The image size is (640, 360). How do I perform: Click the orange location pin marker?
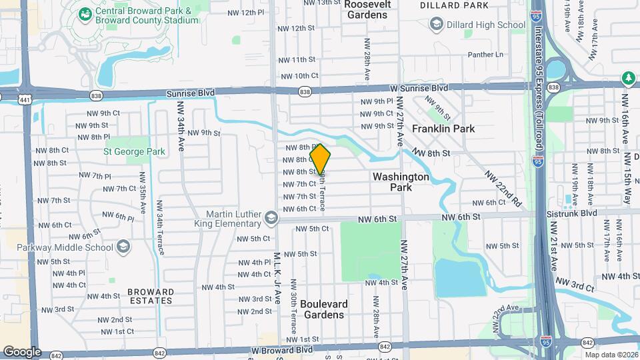pyautogui.click(x=320, y=160)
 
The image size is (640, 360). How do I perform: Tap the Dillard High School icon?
pyautogui.click(x=436, y=25)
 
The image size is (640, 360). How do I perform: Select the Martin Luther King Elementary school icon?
pyautogui.click(x=271, y=218)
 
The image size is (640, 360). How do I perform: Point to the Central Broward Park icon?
pyautogui.click(x=85, y=14)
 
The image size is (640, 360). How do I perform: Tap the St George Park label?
pyautogui.click(x=134, y=151)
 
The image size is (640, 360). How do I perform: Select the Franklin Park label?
pyautogui.click(x=443, y=128)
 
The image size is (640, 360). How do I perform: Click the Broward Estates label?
pyautogui.click(x=151, y=296)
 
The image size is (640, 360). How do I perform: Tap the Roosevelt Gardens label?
pyautogui.click(x=368, y=9)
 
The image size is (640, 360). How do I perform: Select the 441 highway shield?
pyautogui.click(x=25, y=99)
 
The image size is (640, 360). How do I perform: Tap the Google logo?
pyautogui.click(x=21, y=352)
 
